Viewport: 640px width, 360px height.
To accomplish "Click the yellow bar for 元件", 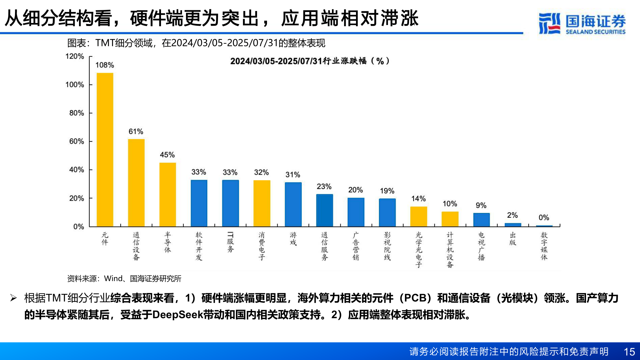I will coord(105,150).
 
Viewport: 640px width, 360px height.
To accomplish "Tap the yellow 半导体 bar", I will coord(168,195).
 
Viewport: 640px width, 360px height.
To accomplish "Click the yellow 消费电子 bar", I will coord(262,203).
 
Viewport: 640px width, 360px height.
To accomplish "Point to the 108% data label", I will coord(105,65).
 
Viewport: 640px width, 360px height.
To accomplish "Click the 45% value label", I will coord(167,155).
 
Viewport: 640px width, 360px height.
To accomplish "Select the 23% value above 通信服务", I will coord(324,186).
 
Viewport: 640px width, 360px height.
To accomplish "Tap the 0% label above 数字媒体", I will coord(544,218).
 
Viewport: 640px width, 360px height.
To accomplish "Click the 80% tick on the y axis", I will coord(77,113).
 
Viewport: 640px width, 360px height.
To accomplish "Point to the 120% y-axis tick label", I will coord(75,56).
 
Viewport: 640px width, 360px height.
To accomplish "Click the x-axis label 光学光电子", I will coord(419,250).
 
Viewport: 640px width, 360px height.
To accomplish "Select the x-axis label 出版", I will coord(513,239).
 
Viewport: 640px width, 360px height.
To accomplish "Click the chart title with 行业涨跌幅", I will coord(310,61).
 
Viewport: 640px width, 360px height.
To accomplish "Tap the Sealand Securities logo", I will coord(582,24).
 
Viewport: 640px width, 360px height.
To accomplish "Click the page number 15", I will coord(629,352).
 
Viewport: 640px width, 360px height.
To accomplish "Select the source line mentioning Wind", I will coord(124,279).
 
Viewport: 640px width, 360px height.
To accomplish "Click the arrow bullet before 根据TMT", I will coord(13,298).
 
